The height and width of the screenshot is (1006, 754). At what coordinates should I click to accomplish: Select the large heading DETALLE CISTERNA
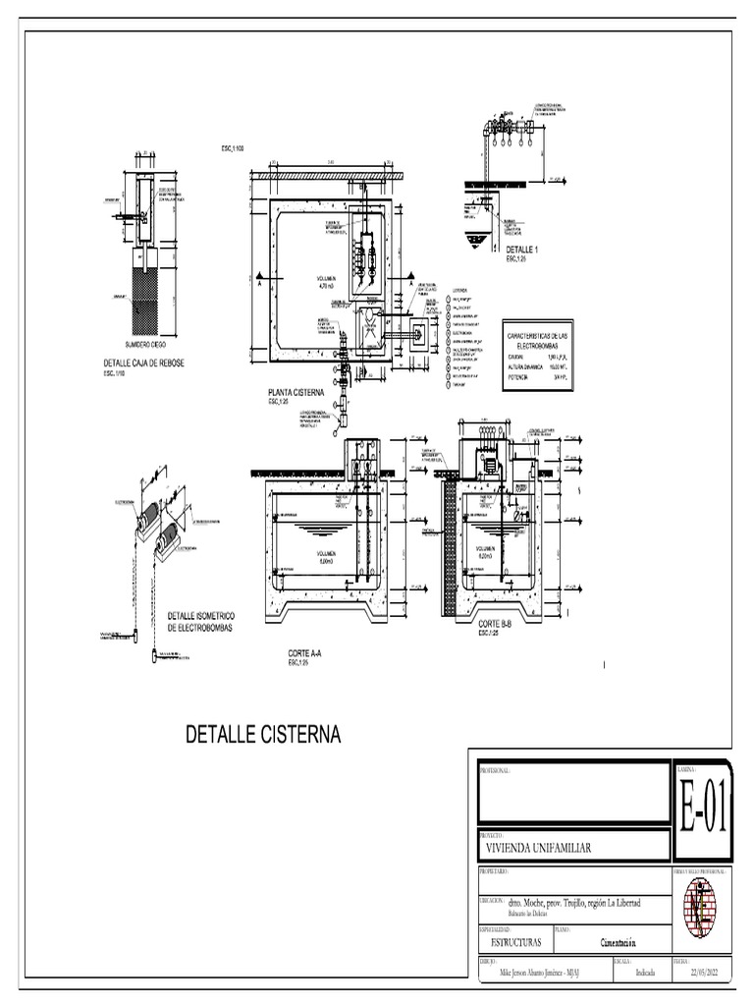click(x=263, y=734)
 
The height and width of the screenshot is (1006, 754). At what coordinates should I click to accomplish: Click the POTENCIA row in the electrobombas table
click(x=521, y=376)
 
